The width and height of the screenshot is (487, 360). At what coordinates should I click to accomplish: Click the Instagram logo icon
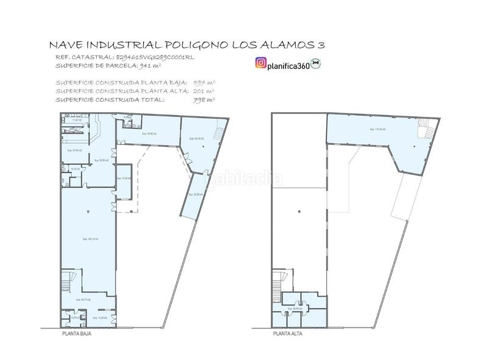pos(261,63)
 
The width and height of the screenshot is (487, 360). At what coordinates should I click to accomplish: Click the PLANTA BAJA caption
pos(77,334)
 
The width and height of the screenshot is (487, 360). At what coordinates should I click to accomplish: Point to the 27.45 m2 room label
pos(74,150)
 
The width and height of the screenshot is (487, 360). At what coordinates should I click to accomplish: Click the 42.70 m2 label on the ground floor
pos(83,300)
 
